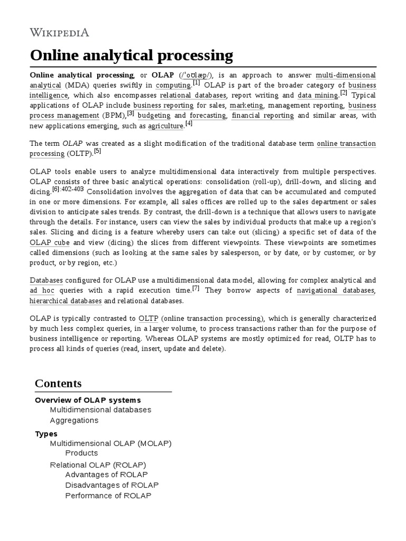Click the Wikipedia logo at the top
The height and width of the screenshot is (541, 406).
point(59,33)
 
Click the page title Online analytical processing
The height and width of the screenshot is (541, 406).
point(131,55)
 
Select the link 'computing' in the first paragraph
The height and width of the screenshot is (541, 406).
point(173,86)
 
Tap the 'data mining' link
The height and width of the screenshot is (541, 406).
point(318,96)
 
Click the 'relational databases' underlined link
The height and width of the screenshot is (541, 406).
point(193,96)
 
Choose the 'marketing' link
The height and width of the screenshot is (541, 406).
point(243,106)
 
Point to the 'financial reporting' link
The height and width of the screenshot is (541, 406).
point(263,116)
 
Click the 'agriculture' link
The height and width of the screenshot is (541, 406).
point(165,126)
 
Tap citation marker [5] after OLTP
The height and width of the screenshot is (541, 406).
point(97,152)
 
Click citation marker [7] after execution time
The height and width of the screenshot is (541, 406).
point(196,288)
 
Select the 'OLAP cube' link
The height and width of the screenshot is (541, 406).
point(50,242)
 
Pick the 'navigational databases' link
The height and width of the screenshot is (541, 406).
point(336,291)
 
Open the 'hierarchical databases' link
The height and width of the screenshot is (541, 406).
point(66,301)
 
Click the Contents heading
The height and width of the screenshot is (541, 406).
point(58,383)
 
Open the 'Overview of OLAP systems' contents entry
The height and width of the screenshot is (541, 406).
point(88,400)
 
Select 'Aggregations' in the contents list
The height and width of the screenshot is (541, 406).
point(74,421)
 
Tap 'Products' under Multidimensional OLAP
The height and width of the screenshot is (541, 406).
point(81,453)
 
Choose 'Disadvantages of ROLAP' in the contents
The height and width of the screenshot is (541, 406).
point(112,485)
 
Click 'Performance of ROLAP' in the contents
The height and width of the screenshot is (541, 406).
point(108,496)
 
